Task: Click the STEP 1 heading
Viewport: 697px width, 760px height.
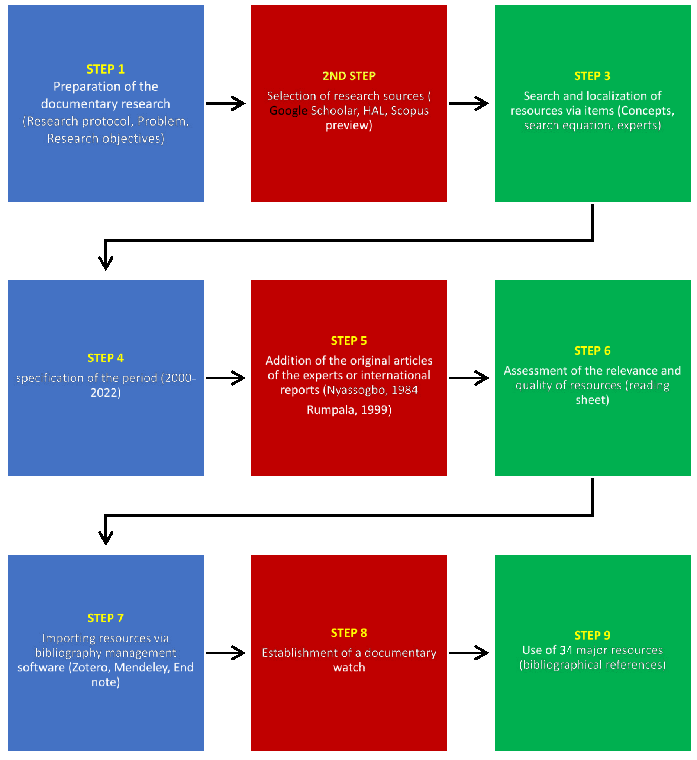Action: click(105, 69)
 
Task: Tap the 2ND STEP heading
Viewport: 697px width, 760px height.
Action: click(349, 76)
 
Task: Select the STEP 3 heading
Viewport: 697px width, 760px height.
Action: click(592, 76)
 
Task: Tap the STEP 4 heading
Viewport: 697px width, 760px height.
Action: click(105, 358)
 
